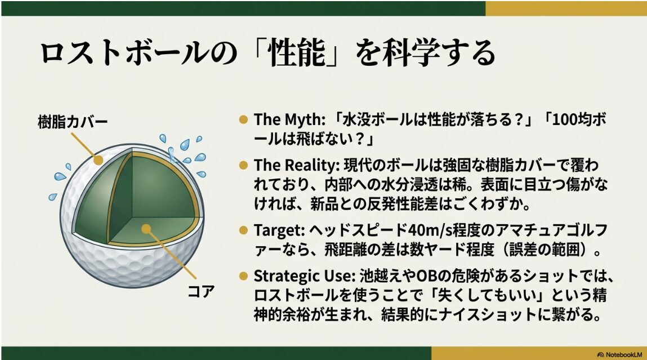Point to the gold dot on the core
tap(146, 229)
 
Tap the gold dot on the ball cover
tap(99, 160)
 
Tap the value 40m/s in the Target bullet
tap(427, 230)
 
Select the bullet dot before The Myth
tap(244, 120)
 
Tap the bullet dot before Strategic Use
tap(244, 277)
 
